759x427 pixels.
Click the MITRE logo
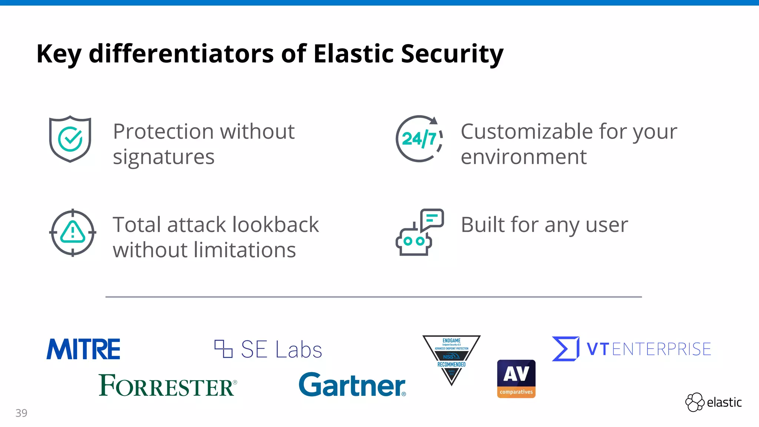click(83, 349)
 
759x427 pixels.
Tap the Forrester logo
click(168, 385)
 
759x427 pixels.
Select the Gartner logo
click(352, 385)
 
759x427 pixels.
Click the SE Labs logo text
click(281, 350)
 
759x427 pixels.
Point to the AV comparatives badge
click(516, 379)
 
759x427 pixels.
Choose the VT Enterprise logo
click(632, 349)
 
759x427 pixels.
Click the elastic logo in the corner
click(713, 402)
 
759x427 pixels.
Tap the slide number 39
click(21, 413)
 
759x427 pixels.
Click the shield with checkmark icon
click(70, 139)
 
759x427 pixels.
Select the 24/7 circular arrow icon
click(419, 139)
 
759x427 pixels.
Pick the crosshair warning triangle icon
click(73, 233)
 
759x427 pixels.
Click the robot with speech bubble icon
click(419, 232)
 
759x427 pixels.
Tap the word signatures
click(163, 157)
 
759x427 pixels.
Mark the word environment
click(524, 157)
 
